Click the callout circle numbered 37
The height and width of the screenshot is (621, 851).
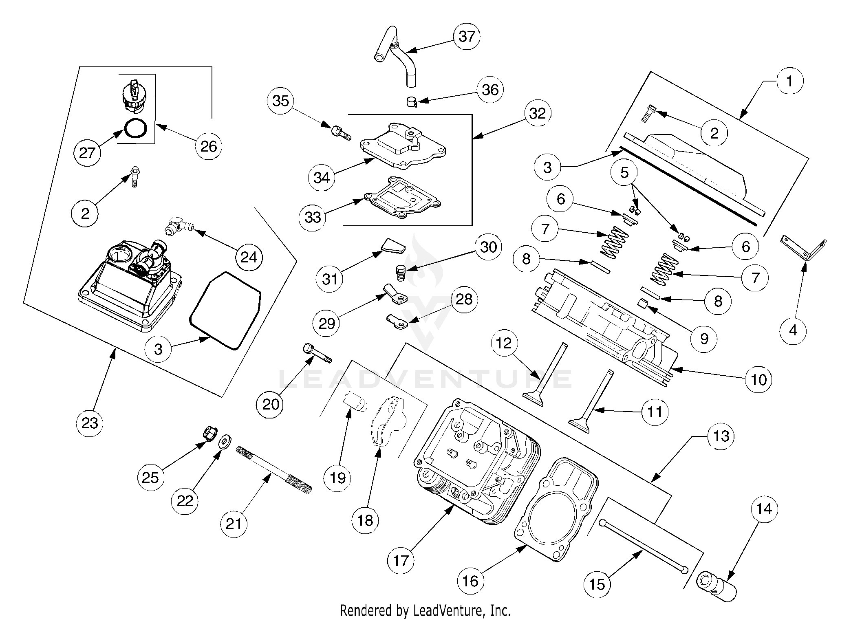[x=467, y=36]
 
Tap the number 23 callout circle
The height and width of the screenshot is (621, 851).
[x=90, y=423]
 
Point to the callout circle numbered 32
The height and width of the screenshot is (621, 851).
[x=537, y=113]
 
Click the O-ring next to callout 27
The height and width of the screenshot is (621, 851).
[x=135, y=129]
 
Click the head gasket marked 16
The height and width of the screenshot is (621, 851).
[x=557, y=510]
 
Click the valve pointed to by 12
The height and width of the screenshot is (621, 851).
[x=546, y=375]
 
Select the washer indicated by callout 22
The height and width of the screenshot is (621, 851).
[x=224, y=442]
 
